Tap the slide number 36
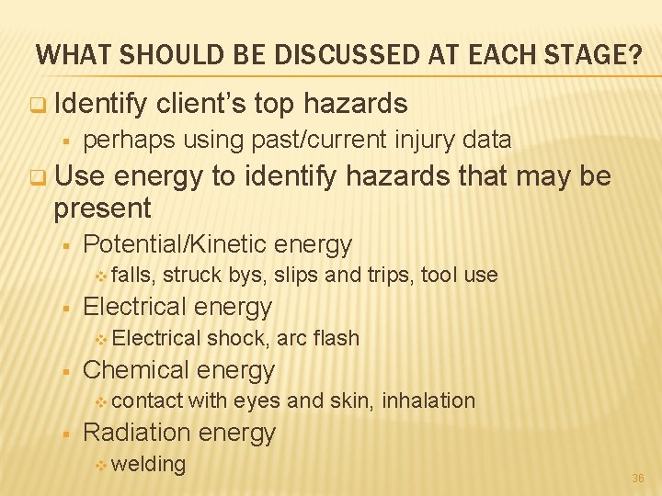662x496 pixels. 638,479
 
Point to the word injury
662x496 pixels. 424,140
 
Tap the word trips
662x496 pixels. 391,275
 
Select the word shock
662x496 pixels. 238,338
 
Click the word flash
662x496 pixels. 336,338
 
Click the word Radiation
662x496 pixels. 137,433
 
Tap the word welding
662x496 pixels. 149,464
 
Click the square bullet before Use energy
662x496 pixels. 37,175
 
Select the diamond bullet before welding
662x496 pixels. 101,465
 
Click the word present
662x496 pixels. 102,209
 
